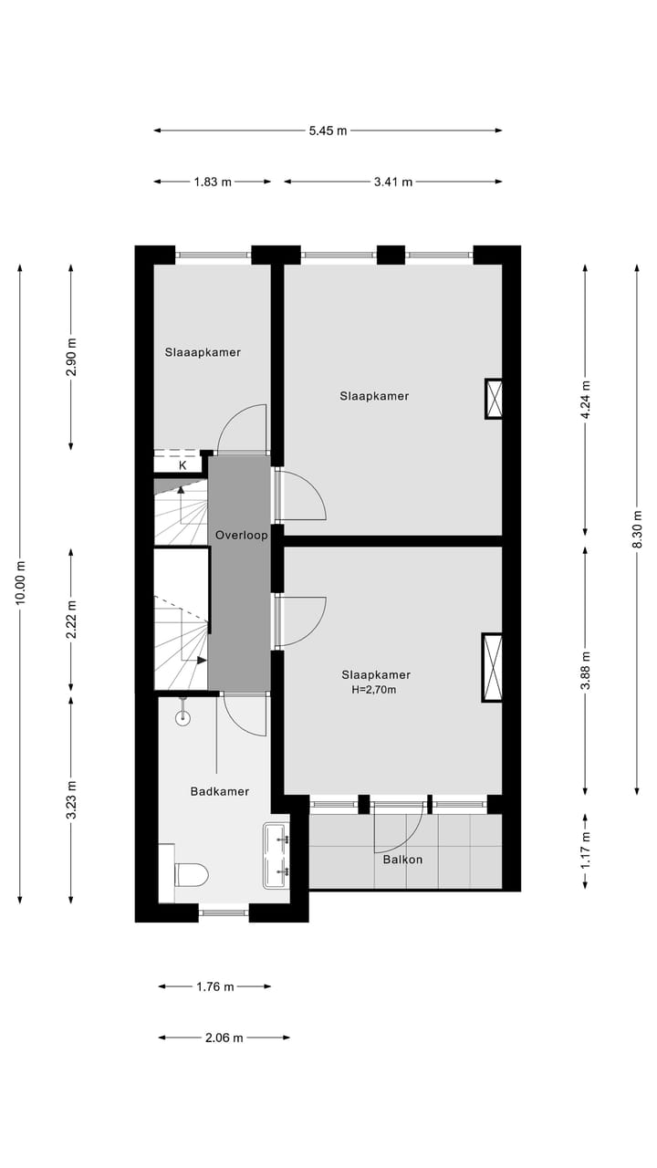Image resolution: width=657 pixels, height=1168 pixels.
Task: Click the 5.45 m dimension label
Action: pyautogui.click(x=328, y=130)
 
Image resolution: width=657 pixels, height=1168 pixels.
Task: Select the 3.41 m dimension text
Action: pyautogui.click(x=392, y=182)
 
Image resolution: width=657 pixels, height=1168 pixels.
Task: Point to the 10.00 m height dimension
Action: pyautogui.click(x=21, y=584)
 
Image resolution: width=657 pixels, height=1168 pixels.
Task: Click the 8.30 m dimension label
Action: pyautogui.click(x=638, y=529)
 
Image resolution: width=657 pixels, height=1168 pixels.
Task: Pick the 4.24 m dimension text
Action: pyautogui.click(x=586, y=399)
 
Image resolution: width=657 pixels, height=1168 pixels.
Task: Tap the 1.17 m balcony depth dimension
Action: pyautogui.click(x=586, y=850)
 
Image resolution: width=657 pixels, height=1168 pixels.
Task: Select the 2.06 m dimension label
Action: pyautogui.click(x=224, y=1038)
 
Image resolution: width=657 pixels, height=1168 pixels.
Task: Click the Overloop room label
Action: pyautogui.click(x=241, y=536)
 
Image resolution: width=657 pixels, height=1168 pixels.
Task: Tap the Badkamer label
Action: pyautogui.click(x=219, y=791)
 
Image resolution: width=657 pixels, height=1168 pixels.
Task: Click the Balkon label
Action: pyautogui.click(x=402, y=859)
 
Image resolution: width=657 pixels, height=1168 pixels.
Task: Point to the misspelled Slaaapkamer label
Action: pyautogui.click(x=203, y=351)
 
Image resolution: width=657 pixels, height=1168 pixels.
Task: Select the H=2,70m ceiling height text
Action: pyautogui.click(x=374, y=690)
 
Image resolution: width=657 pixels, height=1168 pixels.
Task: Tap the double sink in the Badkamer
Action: pyautogui.click(x=276, y=856)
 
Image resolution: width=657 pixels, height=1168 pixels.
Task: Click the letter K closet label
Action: pyautogui.click(x=182, y=464)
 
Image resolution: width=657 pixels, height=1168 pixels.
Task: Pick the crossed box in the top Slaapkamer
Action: pyautogui.click(x=494, y=399)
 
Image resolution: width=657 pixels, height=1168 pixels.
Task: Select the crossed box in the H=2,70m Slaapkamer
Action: pyautogui.click(x=492, y=667)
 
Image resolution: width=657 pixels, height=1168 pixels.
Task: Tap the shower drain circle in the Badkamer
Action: pyautogui.click(x=183, y=718)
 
